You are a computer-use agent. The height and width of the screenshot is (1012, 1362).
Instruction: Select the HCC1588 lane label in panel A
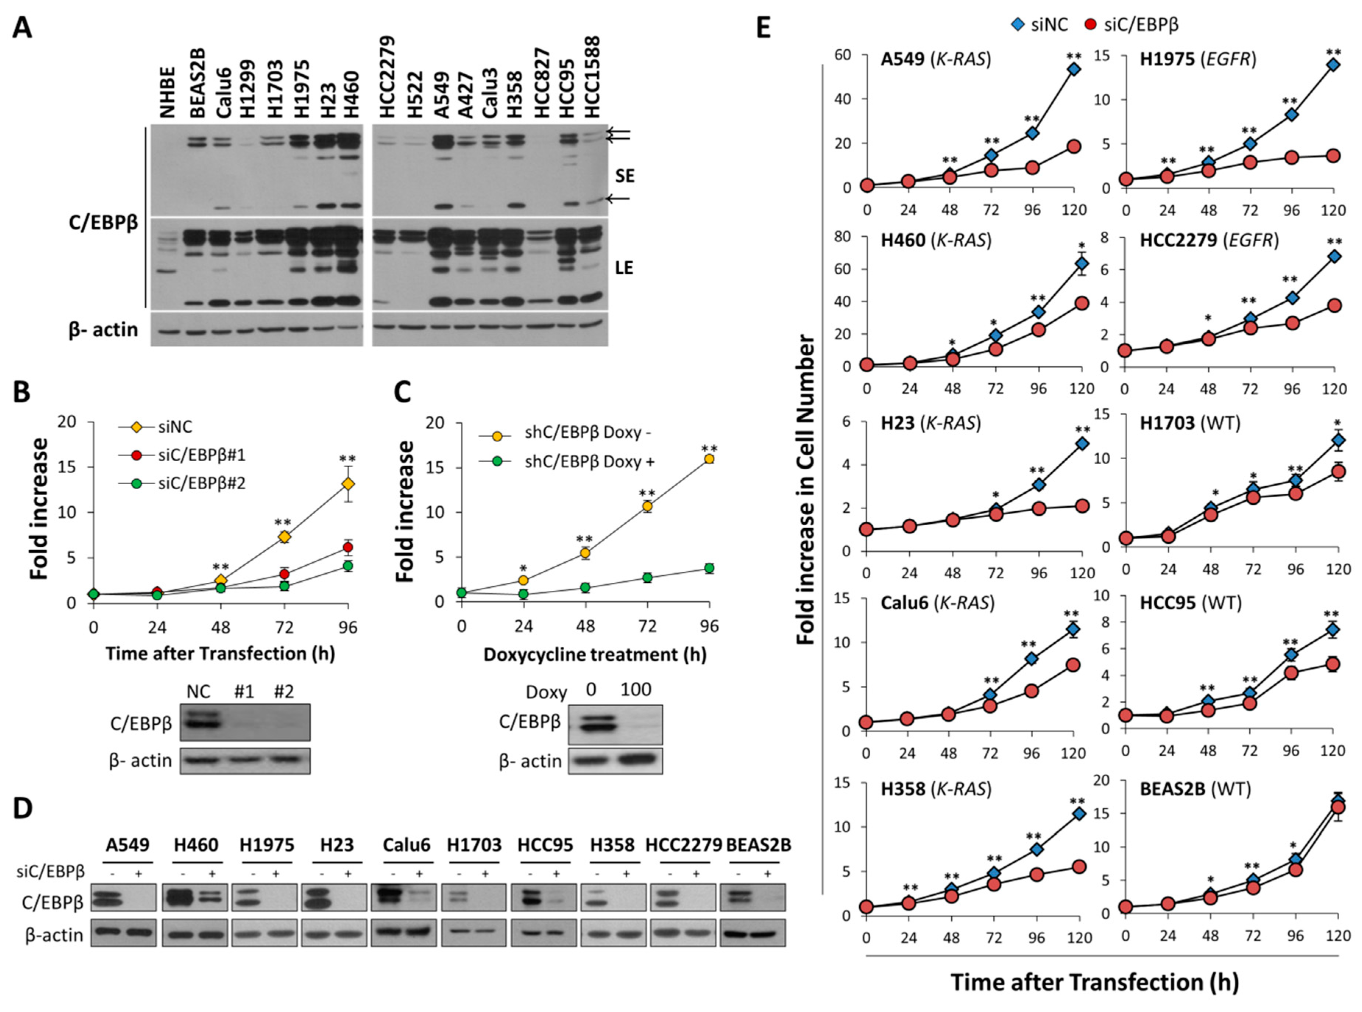[x=592, y=77]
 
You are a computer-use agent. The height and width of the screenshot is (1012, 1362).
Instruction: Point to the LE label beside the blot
[x=624, y=268]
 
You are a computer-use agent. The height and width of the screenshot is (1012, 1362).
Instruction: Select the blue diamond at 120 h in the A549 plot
[x=1073, y=69]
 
